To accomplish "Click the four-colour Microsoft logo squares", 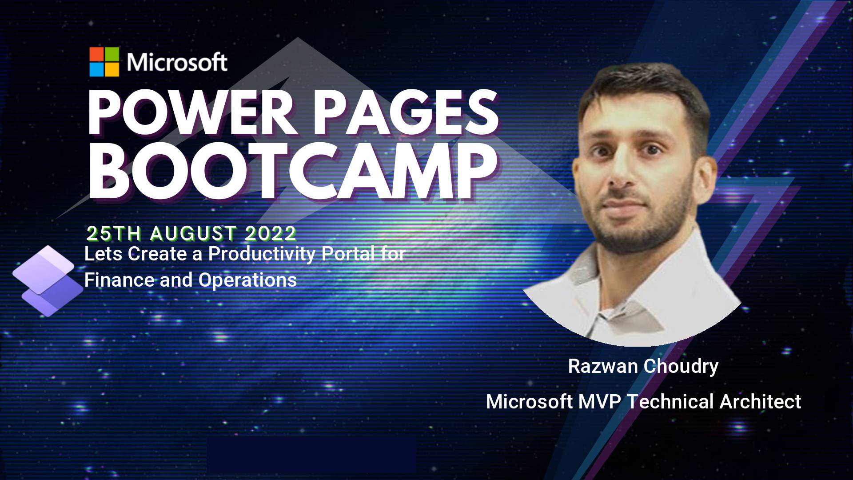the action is [104, 62].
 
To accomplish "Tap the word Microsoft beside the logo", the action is [177, 62].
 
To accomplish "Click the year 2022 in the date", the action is [271, 233].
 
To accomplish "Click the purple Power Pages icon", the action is [48, 281].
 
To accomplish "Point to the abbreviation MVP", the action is [600, 402].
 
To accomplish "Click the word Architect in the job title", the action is [761, 402].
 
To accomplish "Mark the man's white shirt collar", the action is [591, 276].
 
